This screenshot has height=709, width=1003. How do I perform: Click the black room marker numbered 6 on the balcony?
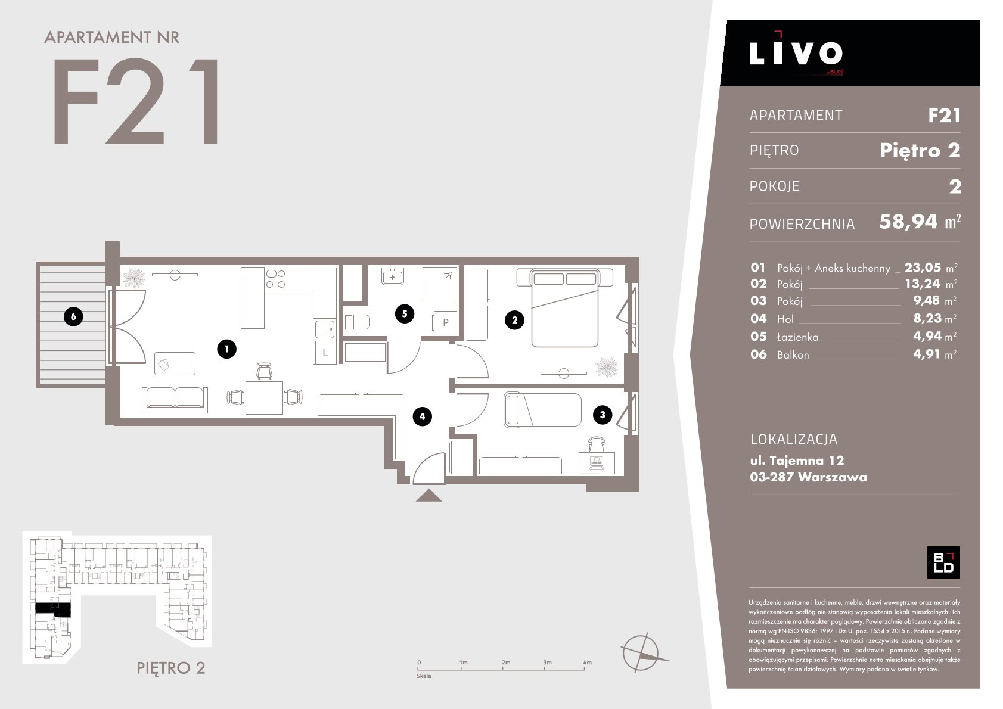coord(73,316)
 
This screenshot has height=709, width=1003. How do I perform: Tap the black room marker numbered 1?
coord(226,349)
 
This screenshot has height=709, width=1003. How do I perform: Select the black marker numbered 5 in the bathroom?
coord(404,314)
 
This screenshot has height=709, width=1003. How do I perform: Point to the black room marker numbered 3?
coord(603,415)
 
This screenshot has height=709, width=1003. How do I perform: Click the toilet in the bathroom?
coord(358,322)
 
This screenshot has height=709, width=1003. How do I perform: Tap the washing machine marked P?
coord(445,322)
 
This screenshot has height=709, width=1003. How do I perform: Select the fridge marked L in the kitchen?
coord(325,352)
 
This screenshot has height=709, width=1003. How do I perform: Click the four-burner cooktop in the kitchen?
coord(275,278)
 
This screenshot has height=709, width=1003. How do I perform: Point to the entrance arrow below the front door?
coord(428,495)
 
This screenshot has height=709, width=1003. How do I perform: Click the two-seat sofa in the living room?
coord(175,399)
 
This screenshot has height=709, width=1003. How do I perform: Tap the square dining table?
coord(264,397)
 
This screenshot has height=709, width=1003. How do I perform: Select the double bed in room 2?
coord(565,307)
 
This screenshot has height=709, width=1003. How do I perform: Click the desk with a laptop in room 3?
coord(597,463)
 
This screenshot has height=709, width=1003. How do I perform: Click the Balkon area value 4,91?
coord(927,354)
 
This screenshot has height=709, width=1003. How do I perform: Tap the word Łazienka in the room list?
coord(797,337)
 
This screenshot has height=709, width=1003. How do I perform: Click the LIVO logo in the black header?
coord(796,53)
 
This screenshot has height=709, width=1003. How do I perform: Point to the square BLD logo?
coord(943,562)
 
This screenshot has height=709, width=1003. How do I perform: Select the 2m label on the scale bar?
coord(506,662)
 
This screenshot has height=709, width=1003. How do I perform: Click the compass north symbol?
coord(641,652)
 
